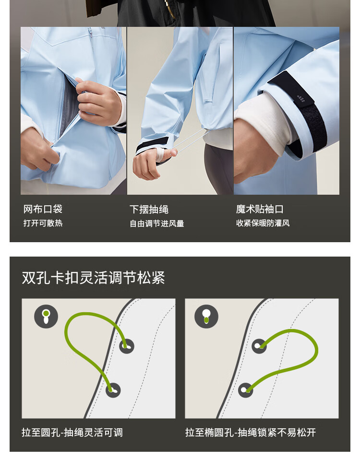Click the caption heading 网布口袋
(x=43, y=209)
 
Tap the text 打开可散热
(x=43, y=223)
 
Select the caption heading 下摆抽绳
(x=149, y=210)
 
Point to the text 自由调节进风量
(x=157, y=223)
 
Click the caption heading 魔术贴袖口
(x=260, y=209)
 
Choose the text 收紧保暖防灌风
(x=263, y=223)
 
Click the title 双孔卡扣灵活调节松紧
(x=94, y=278)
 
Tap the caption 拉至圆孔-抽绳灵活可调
(x=72, y=432)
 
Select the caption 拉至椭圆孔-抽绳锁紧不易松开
(x=251, y=432)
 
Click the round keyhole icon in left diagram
(x=46, y=317)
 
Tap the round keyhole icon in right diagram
(x=206, y=317)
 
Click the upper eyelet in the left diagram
(x=127, y=346)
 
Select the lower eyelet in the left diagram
(x=113, y=390)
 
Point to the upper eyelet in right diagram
(x=259, y=346)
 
